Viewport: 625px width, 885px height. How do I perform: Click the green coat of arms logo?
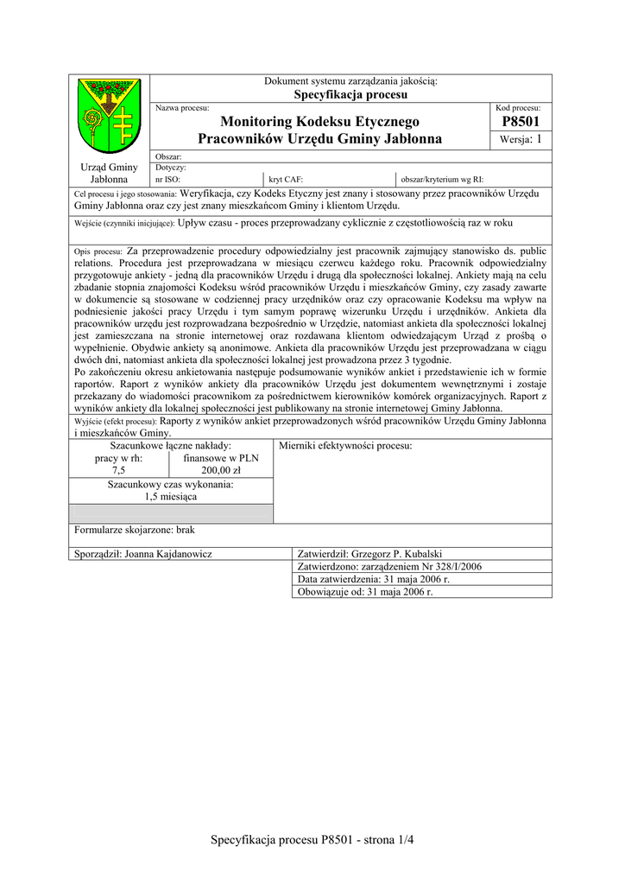point(109,116)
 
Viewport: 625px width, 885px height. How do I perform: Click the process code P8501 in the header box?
point(520,123)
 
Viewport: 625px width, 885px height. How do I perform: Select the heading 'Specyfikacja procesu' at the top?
point(350,94)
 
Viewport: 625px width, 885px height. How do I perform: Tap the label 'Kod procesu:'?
point(518,107)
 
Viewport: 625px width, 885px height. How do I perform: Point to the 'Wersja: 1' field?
point(521,140)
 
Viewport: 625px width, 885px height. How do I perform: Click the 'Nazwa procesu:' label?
point(182,107)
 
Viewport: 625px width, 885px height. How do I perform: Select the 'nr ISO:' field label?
point(167,179)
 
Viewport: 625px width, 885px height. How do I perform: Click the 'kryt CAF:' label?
point(286,179)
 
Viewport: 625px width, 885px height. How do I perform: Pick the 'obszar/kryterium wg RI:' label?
point(441,179)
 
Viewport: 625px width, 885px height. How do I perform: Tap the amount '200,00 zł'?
point(220,471)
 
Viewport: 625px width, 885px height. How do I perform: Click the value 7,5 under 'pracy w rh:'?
point(118,471)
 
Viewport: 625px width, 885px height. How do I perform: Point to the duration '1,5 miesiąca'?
point(170,497)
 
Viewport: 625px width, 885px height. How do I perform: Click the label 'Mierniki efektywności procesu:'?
point(345,446)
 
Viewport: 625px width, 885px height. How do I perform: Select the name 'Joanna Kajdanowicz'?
point(169,553)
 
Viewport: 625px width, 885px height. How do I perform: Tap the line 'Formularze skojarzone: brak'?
point(136,530)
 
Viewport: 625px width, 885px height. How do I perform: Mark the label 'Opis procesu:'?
point(99,251)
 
